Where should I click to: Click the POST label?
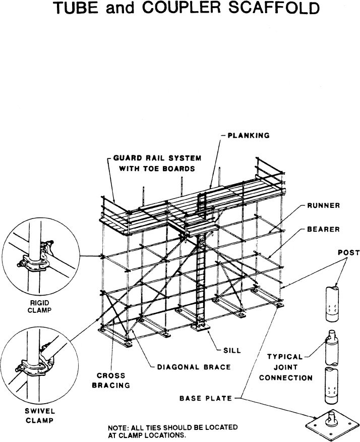tap(346, 253)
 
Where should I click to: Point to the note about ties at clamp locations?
tap(173, 431)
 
